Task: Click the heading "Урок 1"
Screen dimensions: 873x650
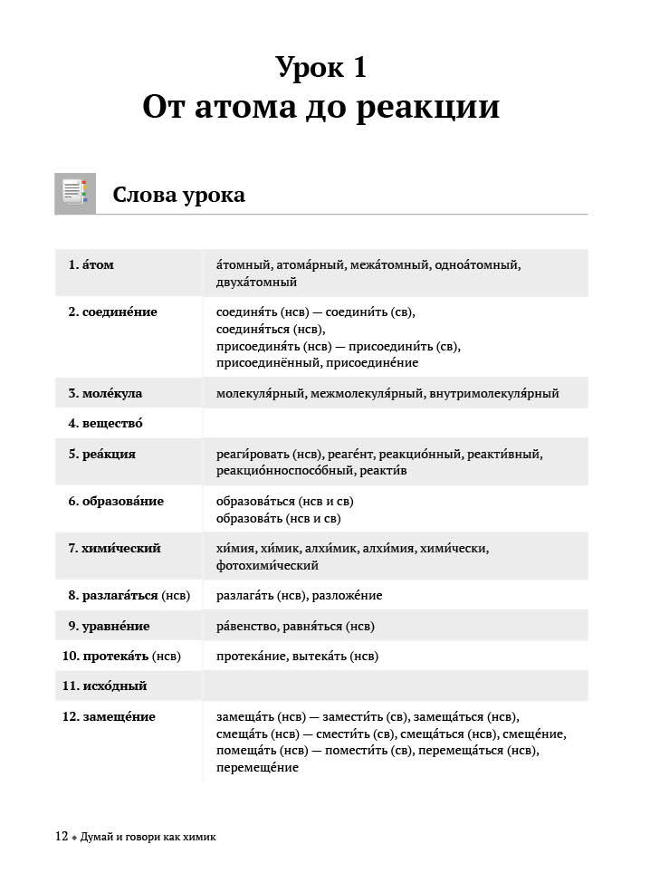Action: pyautogui.click(x=321, y=68)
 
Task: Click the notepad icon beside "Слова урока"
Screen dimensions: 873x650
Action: pyautogui.click(x=74, y=194)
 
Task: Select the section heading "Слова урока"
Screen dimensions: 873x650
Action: pyautogui.click(x=178, y=195)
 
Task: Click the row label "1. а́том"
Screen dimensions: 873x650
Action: pyautogui.click(x=91, y=265)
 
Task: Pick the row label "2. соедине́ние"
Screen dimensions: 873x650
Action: pyautogui.click(x=113, y=312)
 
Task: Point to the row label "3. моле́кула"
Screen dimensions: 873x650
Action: pyautogui.click(x=105, y=394)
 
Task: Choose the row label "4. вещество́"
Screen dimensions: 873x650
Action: pyautogui.click(x=105, y=423)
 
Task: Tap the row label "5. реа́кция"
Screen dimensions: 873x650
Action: pyautogui.click(x=102, y=454)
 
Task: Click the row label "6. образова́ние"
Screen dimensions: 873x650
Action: pyautogui.click(x=116, y=501)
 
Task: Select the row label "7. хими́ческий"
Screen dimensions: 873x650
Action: pyautogui.click(x=114, y=549)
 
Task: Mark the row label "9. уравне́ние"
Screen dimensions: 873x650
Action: pyautogui.click(x=109, y=627)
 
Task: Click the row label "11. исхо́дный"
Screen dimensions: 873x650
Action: pyautogui.click(x=105, y=686)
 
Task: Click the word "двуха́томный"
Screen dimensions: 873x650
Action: pyautogui.click(x=257, y=283)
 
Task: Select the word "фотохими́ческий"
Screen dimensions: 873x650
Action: pyautogui.click(x=268, y=566)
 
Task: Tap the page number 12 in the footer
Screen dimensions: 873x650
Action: pyautogui.click(x=62, y=837)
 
